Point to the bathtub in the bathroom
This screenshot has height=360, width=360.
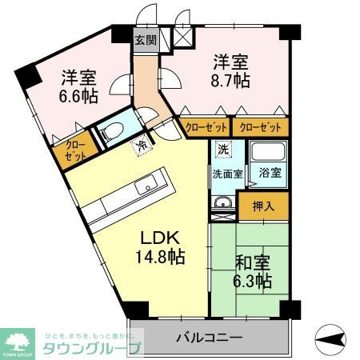click(x=268, y=153)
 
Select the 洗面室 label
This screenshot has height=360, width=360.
click(x=228, y=173)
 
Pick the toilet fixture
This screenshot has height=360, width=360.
click(x=111, y=131)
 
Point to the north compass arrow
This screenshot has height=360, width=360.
click(x=331, y=338)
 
